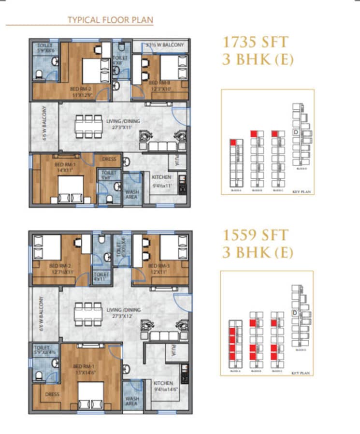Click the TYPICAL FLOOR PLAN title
(110, 20)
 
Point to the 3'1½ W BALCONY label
(164, 45)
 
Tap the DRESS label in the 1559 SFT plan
(52, 394)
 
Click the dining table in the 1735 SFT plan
(88, 126)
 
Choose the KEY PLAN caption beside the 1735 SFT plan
(302, 192)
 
